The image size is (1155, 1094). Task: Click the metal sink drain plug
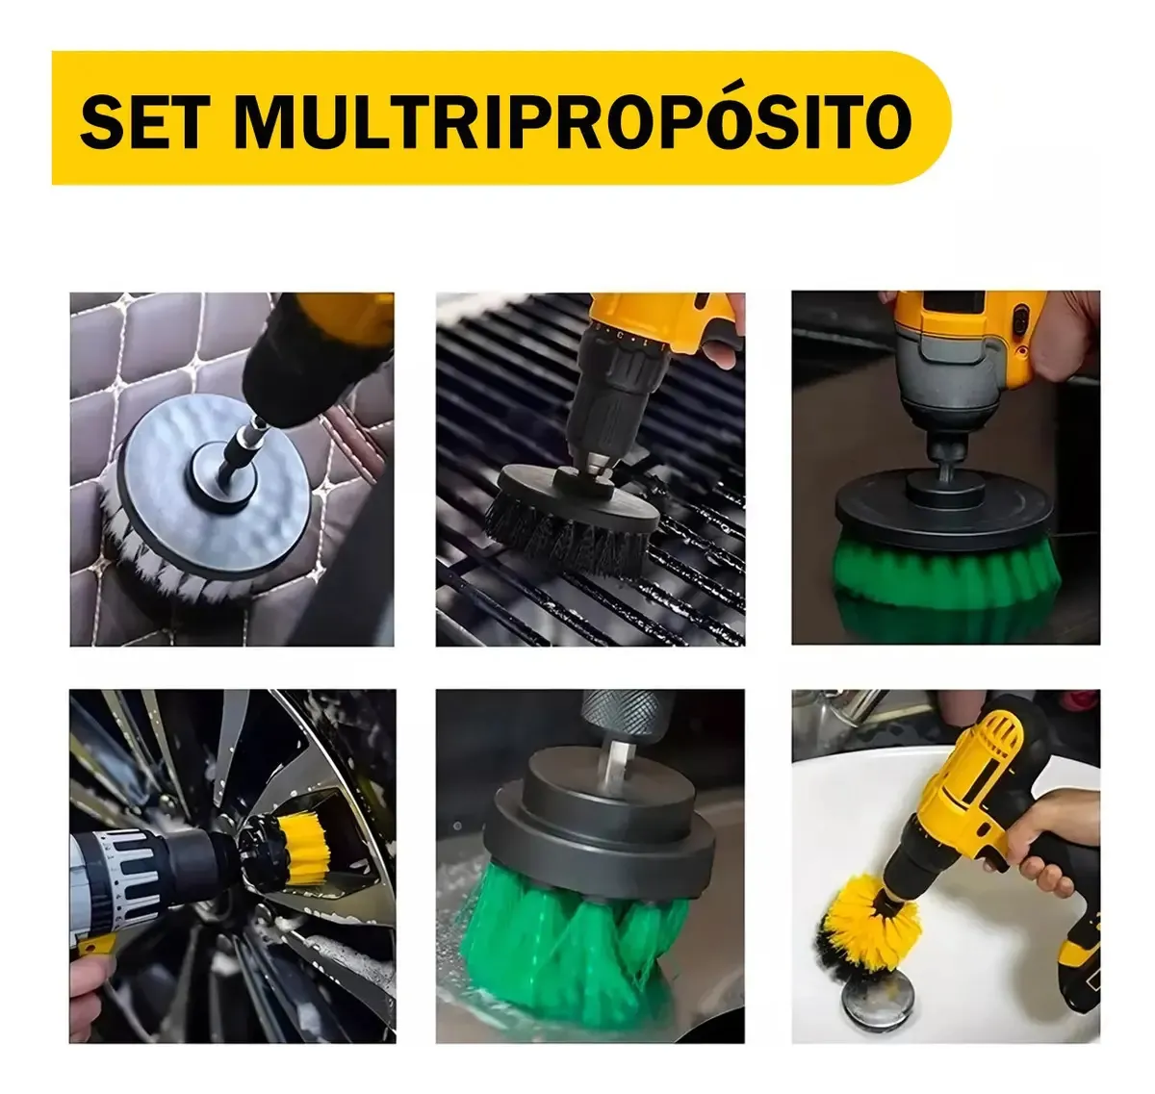[873, 993]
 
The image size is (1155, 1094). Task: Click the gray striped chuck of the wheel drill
[126, 876]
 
